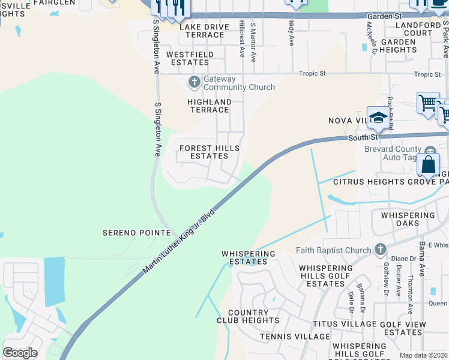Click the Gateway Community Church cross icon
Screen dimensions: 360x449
coord(194,81)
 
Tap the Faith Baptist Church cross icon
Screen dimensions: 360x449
coord(379,249)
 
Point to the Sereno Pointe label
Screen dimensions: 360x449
coord(130,232)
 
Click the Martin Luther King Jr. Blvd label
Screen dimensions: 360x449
coord(178,242)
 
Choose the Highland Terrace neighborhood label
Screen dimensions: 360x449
coord(209,106)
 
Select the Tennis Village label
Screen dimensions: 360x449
coord(295,337)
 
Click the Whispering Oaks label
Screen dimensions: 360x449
coord(404,219)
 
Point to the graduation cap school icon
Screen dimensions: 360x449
coord(378,118)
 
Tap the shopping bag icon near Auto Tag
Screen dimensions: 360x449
coord(429,164)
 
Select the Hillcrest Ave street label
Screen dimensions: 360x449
coord(242,40)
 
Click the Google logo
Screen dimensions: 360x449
coord(20,352)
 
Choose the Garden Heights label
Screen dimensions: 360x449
coord(399,46)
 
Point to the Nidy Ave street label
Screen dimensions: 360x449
coord(292,34)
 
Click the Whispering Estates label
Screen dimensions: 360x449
coord(249,257)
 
